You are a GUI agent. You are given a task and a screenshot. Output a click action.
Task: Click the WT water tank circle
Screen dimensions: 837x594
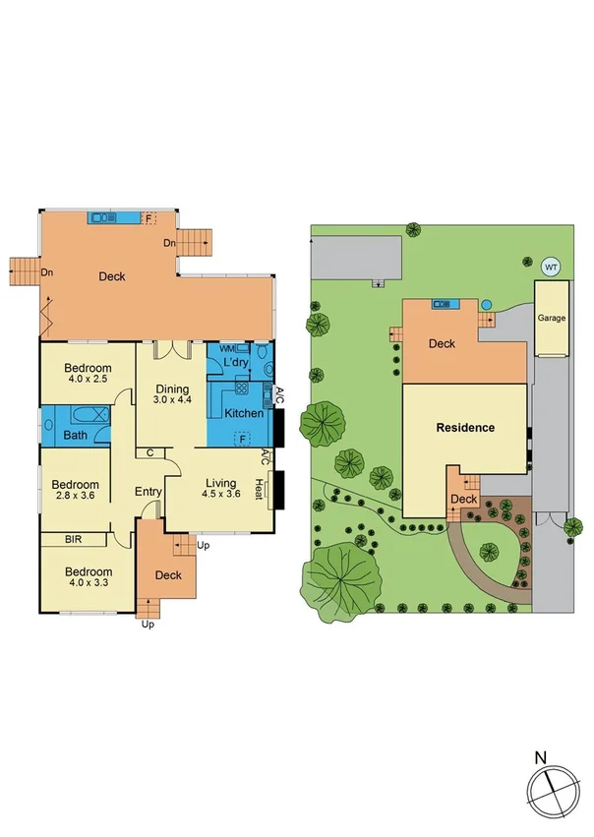click(551, 266)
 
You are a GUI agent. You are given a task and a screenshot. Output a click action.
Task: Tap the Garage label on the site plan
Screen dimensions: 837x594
click(551, 319)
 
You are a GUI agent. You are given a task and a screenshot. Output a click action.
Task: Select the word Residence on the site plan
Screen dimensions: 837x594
click(466, 428)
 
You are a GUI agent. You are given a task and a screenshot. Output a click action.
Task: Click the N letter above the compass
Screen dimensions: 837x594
click(540, 758)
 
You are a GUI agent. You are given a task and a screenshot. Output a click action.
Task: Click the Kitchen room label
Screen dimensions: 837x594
click(244, 413)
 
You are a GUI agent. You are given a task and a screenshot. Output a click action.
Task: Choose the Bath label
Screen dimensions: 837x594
click(76, 435)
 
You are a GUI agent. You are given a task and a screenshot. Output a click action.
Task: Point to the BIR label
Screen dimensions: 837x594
click(74, 539)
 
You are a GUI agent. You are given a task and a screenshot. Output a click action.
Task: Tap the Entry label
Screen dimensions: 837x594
click(148, 492)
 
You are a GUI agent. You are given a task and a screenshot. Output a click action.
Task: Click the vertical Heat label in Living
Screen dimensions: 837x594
click(260, 488)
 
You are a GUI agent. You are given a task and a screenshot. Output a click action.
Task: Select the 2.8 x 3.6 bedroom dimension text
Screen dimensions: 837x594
click(76, 497)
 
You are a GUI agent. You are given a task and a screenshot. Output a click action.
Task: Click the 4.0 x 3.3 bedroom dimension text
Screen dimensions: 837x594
click(88, 583)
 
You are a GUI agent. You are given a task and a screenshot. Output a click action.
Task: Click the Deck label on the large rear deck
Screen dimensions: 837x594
click(112, 276)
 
